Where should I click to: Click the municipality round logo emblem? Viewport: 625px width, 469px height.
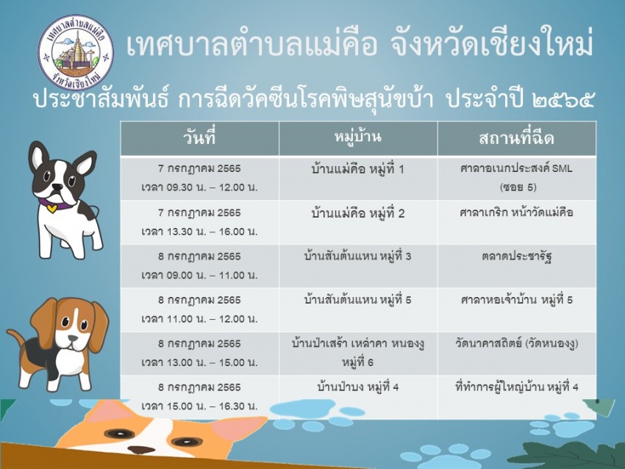[76, 53]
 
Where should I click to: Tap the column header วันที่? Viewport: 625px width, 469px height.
[199, 138]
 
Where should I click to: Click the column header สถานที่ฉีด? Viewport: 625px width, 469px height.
[517, 138]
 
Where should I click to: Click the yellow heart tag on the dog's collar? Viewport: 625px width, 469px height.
[51, 207]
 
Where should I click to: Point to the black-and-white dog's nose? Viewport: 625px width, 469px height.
[58, 187]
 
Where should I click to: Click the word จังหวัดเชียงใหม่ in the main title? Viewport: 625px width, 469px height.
[490, 45]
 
